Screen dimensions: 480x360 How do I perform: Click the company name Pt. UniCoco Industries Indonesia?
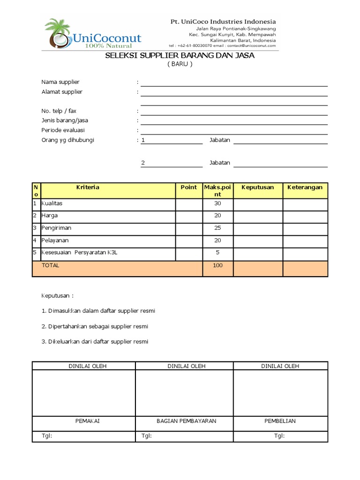click(223, 22)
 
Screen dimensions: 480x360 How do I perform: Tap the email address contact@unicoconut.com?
click(251, 45)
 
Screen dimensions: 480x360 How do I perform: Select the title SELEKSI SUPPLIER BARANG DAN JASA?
click(180, 56)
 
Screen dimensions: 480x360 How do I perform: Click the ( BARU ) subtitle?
click(180, 64)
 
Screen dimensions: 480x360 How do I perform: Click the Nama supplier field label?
click(60, 82)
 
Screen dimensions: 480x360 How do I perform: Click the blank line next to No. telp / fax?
click(234, 112)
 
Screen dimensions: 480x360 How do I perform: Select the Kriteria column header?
click(88, 187)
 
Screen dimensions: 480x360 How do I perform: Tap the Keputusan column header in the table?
click(257, 187)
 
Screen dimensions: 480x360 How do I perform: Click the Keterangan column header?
click(305, 187)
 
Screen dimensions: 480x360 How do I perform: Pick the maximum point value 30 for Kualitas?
click(217, 204)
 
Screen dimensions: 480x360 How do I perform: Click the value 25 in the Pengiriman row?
click(217, 228)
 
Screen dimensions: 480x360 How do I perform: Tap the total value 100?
click(217, 266)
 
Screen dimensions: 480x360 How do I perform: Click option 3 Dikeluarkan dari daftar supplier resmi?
click(95, 341)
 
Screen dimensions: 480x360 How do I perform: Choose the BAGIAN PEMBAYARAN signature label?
click(186, 421)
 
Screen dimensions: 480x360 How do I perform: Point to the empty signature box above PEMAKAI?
click(84, 393)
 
